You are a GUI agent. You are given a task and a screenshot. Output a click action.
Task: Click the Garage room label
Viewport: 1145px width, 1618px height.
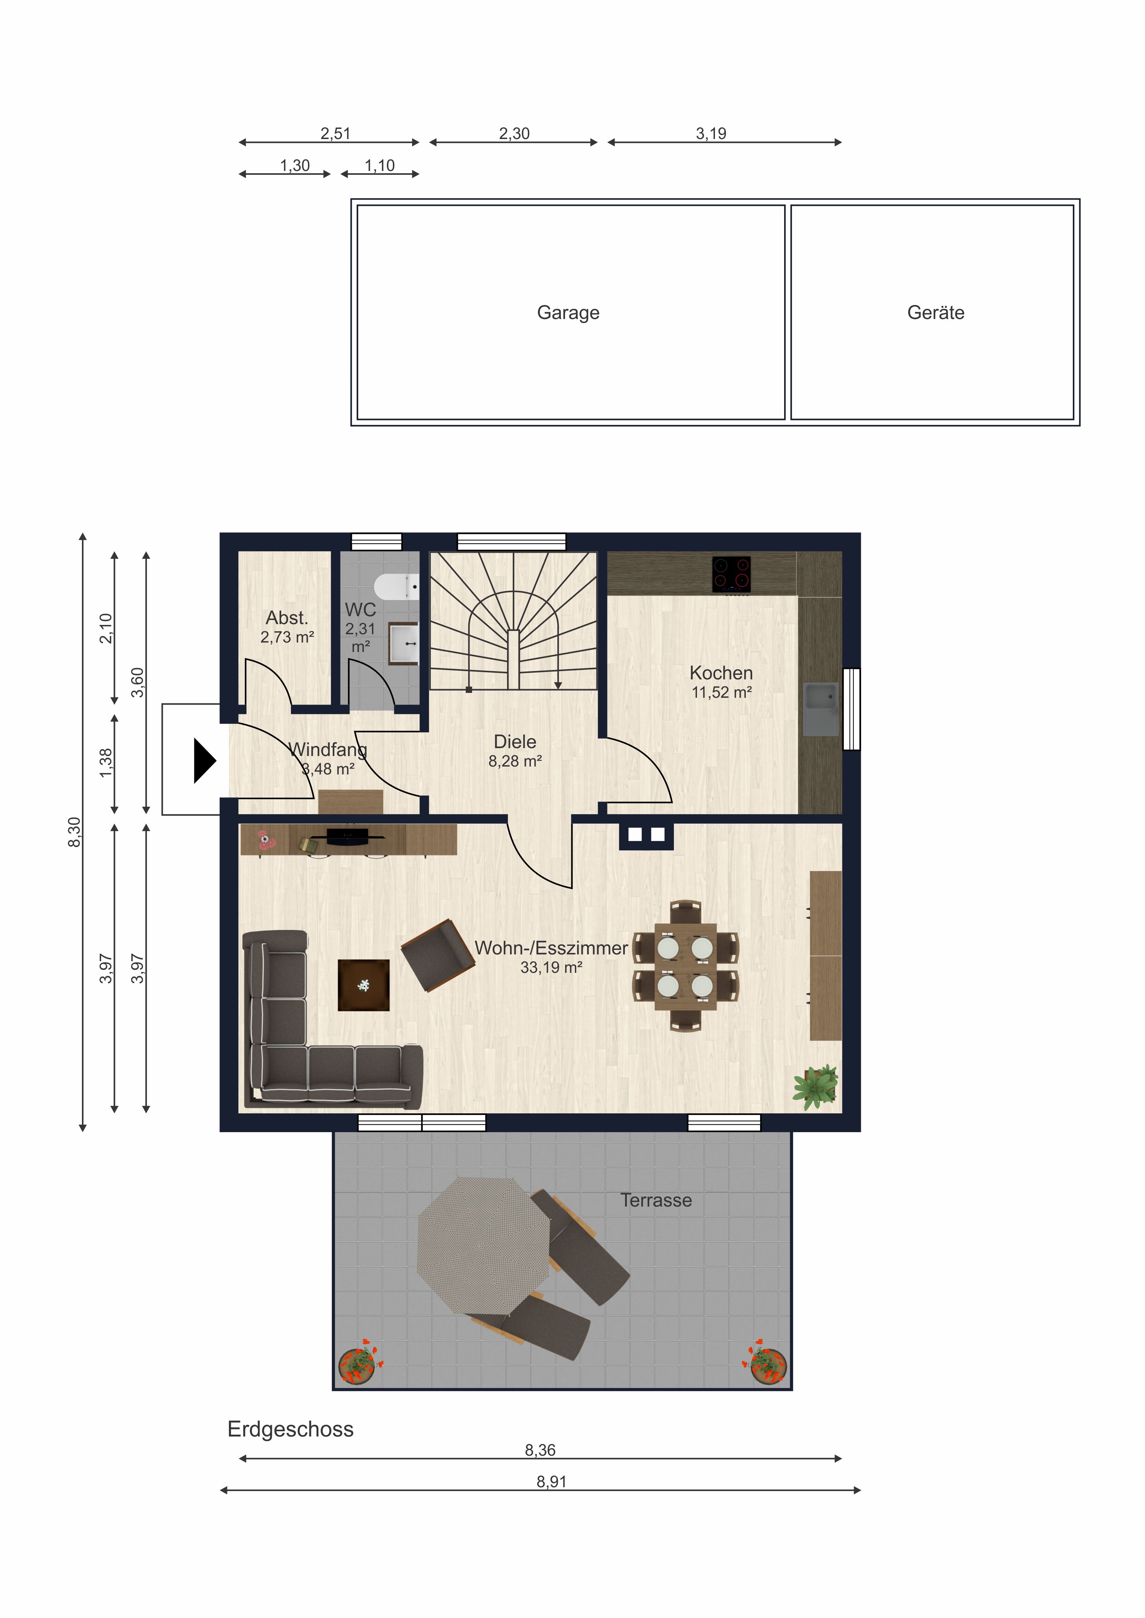tap(568, 313)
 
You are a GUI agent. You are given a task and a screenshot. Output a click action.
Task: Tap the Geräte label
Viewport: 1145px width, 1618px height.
tap(936, 313)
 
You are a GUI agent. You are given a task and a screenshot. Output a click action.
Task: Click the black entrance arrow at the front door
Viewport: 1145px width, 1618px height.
tap(204, 761)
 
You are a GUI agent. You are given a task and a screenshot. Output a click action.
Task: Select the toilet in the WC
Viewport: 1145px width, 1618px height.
tap(396, 586)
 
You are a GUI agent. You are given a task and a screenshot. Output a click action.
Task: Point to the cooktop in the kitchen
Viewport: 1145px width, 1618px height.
tap(731, 574)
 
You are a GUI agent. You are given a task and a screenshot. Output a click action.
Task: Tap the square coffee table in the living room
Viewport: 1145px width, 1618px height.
tap(364, 985)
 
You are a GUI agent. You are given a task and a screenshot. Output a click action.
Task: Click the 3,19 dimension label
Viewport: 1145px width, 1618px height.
tap(711, 133)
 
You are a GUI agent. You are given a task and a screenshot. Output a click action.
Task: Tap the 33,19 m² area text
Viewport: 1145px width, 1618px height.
tap(551, 968)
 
